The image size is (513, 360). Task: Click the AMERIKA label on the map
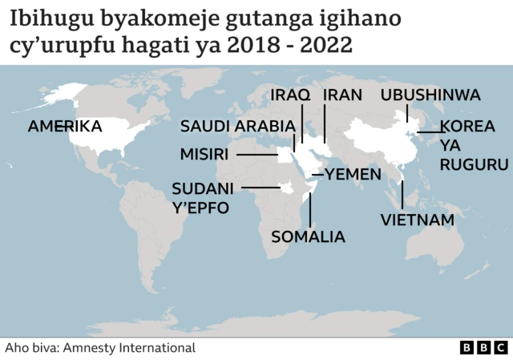click(65, 127)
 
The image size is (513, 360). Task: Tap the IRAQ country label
click(290, 95)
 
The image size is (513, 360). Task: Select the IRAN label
click(342, 95)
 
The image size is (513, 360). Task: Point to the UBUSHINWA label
click(430, 95)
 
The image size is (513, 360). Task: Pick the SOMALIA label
click(309, 237)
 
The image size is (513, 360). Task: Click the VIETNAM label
click(417, 219)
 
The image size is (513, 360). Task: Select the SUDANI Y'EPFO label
click(203, 199)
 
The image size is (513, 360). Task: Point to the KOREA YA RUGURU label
click(473, 145)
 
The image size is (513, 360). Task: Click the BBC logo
click(484, 348)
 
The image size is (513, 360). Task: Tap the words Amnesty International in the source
click(129, 348)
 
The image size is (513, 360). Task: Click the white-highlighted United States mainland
click(100, 136)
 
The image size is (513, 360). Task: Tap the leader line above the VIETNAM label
click(402, 194)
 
